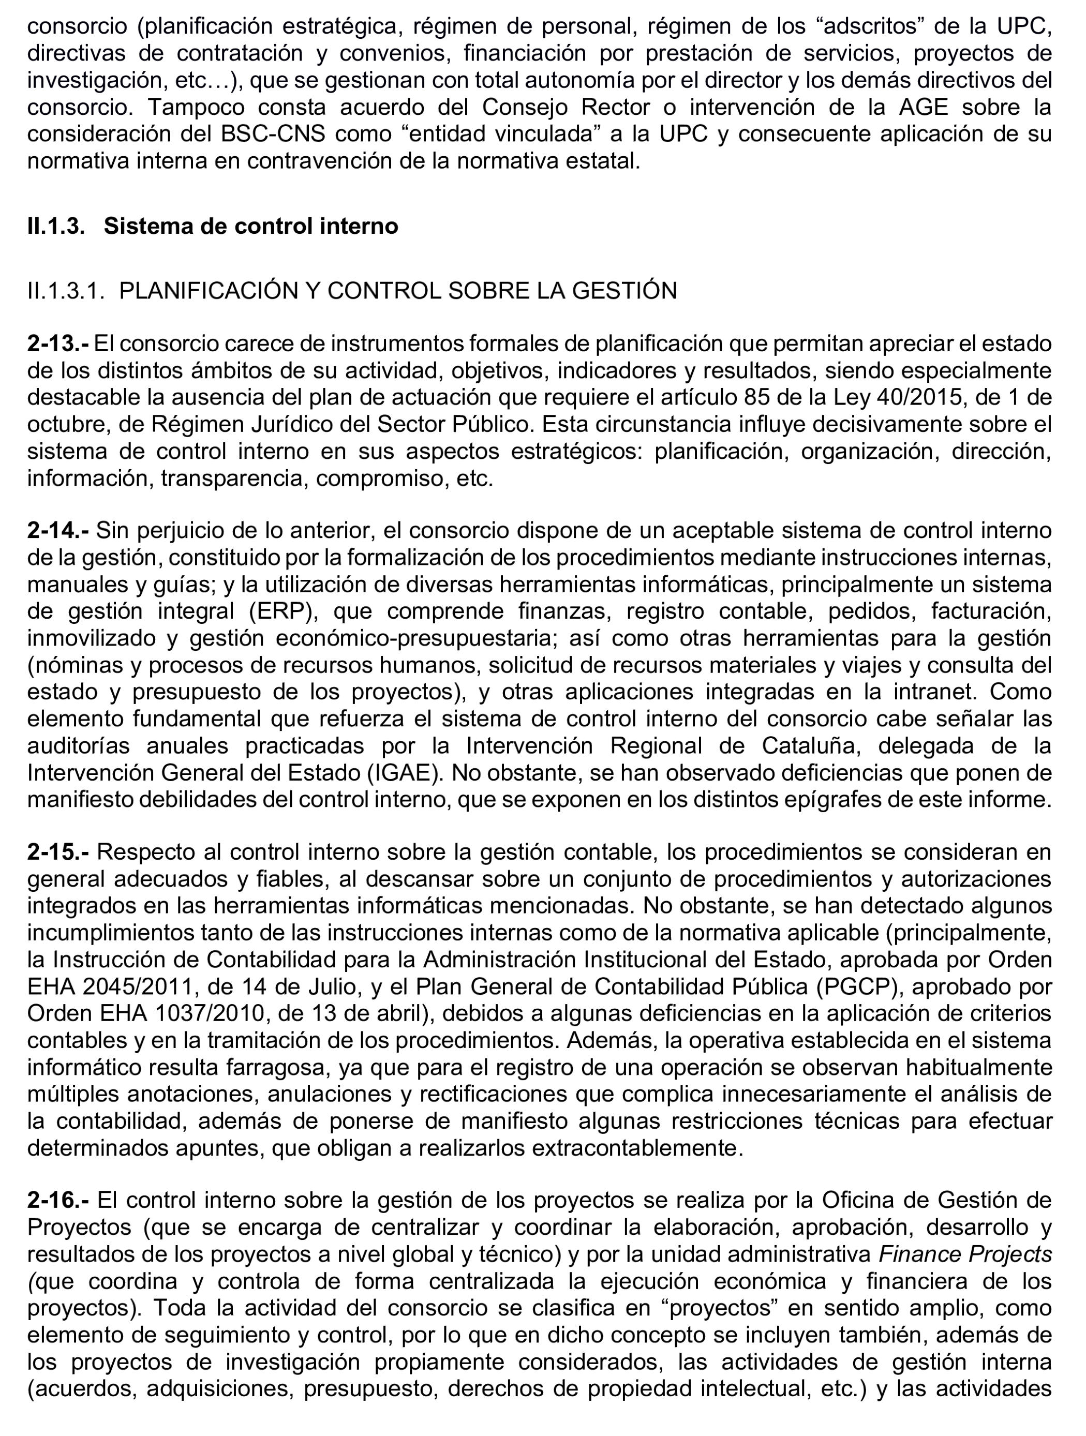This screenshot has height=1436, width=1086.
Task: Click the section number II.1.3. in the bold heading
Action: (x=56, y=226)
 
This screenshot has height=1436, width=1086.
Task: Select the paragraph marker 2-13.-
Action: (x=58, y=343)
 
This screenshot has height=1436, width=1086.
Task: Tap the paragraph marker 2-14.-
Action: (x=58, y=530)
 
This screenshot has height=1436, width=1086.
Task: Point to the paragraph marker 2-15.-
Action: (x=58, y=851)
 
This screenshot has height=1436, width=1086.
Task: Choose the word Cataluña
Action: (x=811, y=746)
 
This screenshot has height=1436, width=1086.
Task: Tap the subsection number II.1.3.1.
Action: (x=66, y=290)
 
